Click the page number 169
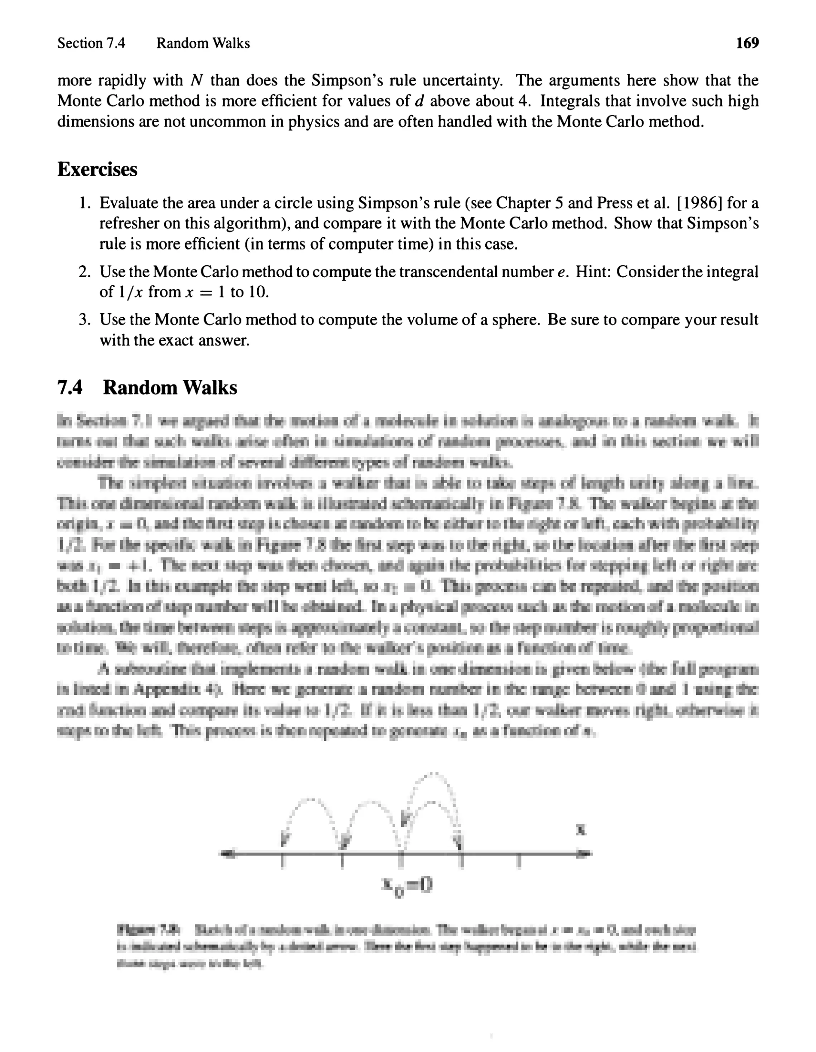click(x=747, y=43)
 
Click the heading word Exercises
click(x=97, y=170)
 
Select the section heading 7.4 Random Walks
click(x=147, y=388)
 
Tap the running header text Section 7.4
click(x=91, y=43)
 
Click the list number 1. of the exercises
click(x=85, y=203)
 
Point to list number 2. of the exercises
click(x=85, y=272)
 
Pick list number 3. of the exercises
click(x=85, y=320)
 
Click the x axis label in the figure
click(x=582, y=829)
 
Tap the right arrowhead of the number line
click(x=586, y=854)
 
